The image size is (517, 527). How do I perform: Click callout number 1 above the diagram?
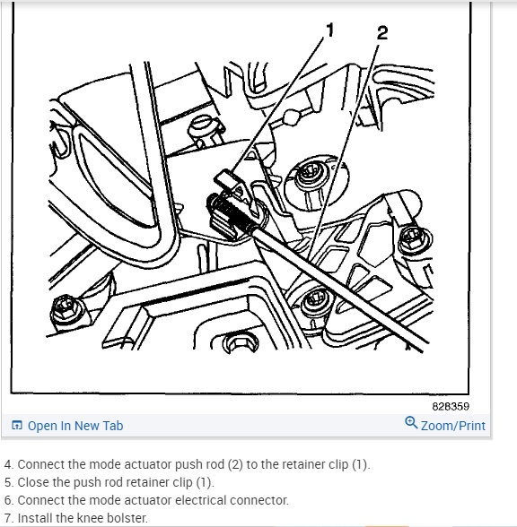329,30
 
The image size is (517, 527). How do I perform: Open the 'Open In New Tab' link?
75,426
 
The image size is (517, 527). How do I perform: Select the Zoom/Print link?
452,426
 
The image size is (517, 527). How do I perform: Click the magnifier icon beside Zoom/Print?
411,423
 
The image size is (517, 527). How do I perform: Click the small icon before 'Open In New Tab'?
16,426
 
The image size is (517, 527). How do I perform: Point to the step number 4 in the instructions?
8,464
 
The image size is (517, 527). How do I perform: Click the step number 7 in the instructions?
8,518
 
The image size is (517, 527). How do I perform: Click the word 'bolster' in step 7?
123,518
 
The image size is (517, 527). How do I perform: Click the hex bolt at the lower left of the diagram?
65,311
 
